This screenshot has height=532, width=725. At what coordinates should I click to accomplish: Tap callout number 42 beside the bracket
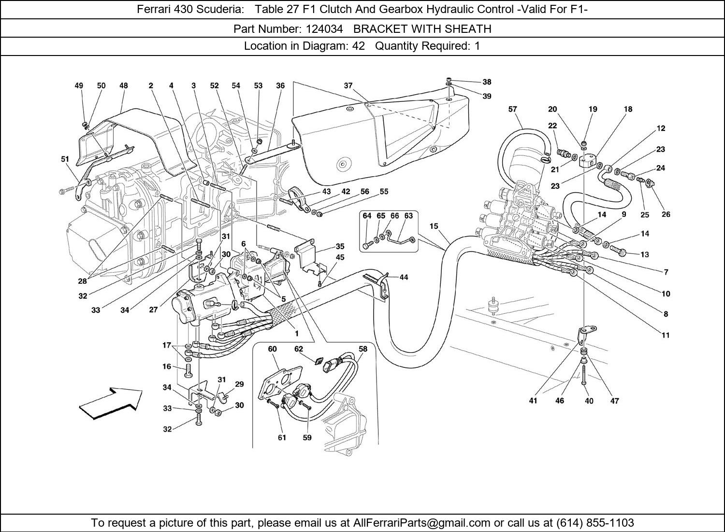tap(346, 192)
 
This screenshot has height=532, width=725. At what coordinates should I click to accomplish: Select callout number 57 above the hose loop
tap(513, 110)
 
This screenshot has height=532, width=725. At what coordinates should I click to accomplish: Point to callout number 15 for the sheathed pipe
tap(434, 226)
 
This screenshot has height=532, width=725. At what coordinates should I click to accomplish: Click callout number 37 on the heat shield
tap(348, 85)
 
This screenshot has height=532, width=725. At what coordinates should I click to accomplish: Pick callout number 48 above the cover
tap(124, 85)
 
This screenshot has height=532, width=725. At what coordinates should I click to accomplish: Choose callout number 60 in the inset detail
tap(272, 349)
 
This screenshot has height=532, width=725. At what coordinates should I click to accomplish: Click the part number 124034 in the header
tap(324, 29)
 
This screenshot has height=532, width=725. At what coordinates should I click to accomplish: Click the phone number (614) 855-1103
tap(595, 523)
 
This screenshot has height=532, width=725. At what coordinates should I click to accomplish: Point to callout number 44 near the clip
tap(404, 277)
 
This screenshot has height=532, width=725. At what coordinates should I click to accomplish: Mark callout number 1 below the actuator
tap(296, 333)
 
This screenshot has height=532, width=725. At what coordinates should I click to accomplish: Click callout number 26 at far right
tap(666, 214)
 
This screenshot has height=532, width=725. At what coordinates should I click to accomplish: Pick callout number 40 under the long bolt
tap(589, 401)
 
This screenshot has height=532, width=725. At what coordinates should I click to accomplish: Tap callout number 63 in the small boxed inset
tap(408, 216)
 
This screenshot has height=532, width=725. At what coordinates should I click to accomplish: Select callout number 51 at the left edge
tap(65, 159)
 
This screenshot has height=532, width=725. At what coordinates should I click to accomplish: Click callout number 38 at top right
tap(487, 82)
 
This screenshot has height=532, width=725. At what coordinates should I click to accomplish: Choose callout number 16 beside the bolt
tap(167, 366)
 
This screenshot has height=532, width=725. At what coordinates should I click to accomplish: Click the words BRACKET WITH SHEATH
tap(422, 29)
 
